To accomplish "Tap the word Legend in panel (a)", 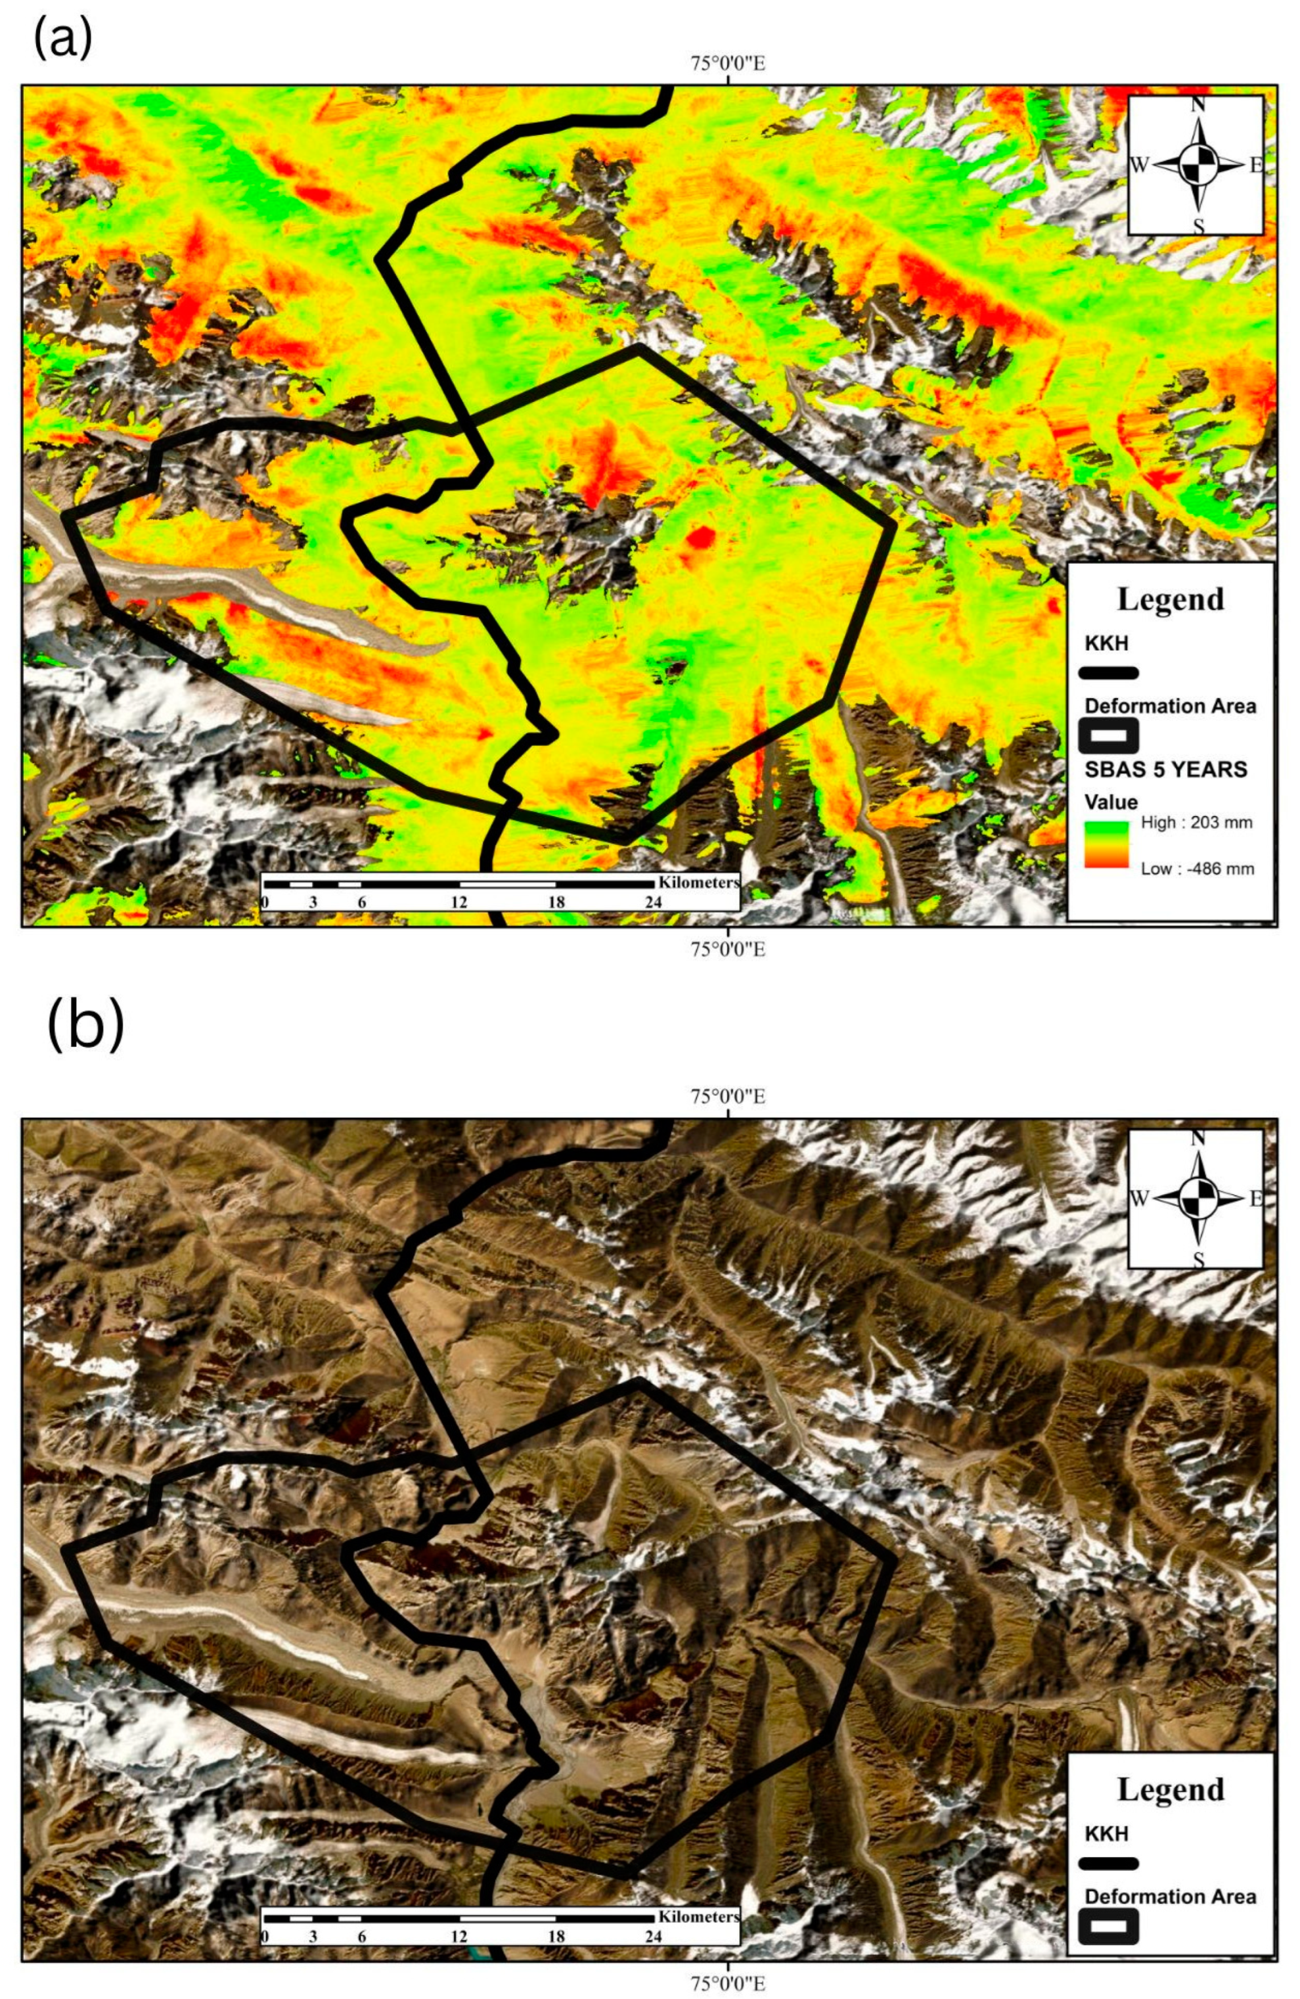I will pyautogui.click(x=1170, y=599).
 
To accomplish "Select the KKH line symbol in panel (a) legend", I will pyautogui.click(x=1109, y=673).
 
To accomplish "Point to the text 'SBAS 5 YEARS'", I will pyautogui.click(x=1165, y=770).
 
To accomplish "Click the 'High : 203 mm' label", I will pyautogui.click(x=1196, y=822).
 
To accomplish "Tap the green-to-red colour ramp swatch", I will pyautogui.click(x=1106, y=844).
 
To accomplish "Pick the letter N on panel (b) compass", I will pyautogui.click(x=1198, y=1138).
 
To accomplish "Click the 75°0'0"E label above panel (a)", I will pyautogui.click(x=727, y=64).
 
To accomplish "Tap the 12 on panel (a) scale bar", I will pyautogui.click(x=459, y=902).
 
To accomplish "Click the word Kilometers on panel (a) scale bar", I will pyautogui.click(x=698, y=883).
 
